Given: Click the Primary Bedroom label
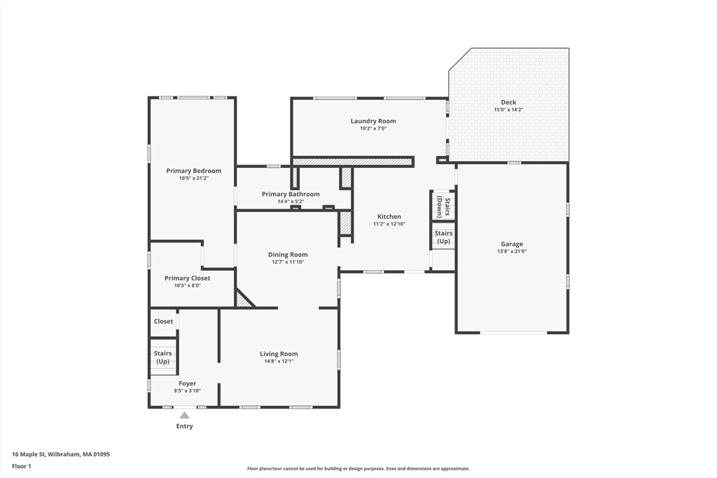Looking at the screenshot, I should [x=193, y=171].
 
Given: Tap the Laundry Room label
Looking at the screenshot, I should [x=373, y=121].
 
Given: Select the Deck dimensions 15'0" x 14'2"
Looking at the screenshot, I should [x=508, y=110].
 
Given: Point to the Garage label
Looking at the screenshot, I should [x=511, y=244].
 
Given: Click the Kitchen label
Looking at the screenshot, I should [x=389, y=217].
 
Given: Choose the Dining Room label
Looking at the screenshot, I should [x=288, y=255].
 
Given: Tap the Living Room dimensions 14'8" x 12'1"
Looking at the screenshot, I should [x=279, y=362].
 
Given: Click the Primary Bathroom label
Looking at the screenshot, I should [x=291, y=194].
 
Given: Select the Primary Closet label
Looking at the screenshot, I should [x=187, y=278].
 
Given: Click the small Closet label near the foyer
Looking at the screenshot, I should [x=163, y=321].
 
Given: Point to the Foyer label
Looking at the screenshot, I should [x=187, y=384].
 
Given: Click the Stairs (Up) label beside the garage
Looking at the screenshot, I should [x=443, y=237].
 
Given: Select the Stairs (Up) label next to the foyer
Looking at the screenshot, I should [x=162, y=357].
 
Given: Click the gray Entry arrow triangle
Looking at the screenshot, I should [x=184, y=415].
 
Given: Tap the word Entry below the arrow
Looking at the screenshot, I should [x=184, y=426].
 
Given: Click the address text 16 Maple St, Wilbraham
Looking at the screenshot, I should [x=61, y=454].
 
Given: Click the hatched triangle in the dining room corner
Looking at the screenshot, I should [x=242, y=301].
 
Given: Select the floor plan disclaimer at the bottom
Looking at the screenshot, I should [x=358, y=469].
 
